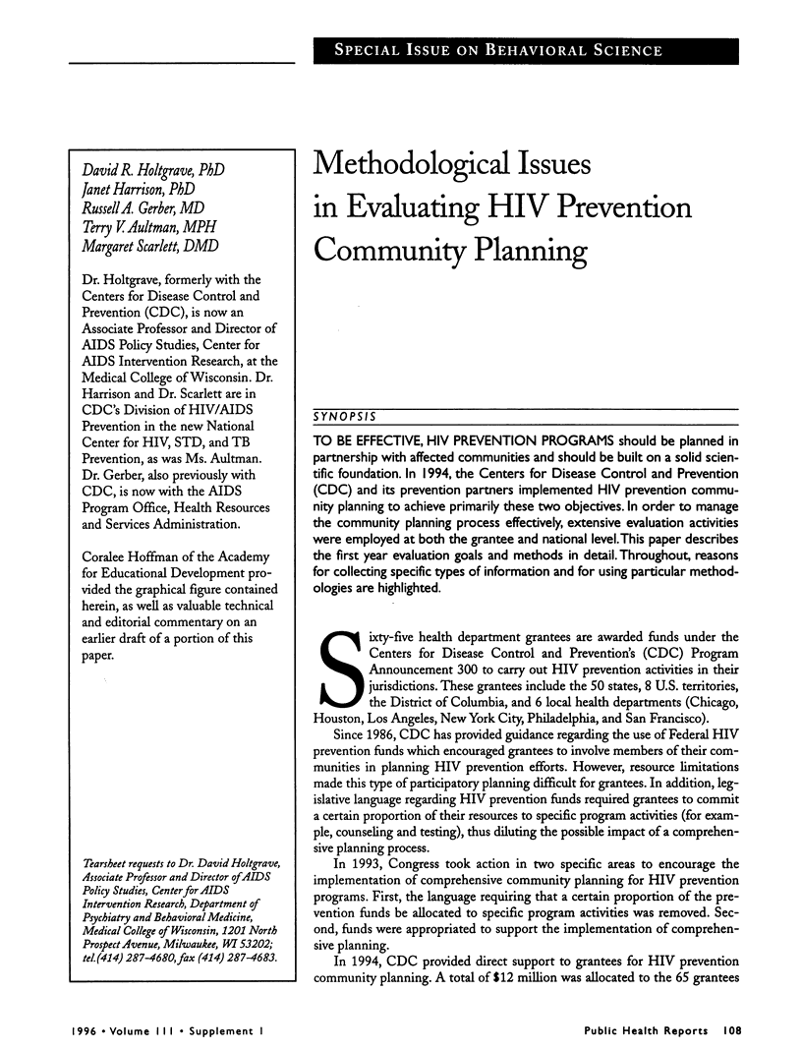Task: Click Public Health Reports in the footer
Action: pos(645,1032)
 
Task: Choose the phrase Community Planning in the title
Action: pos(450,252)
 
